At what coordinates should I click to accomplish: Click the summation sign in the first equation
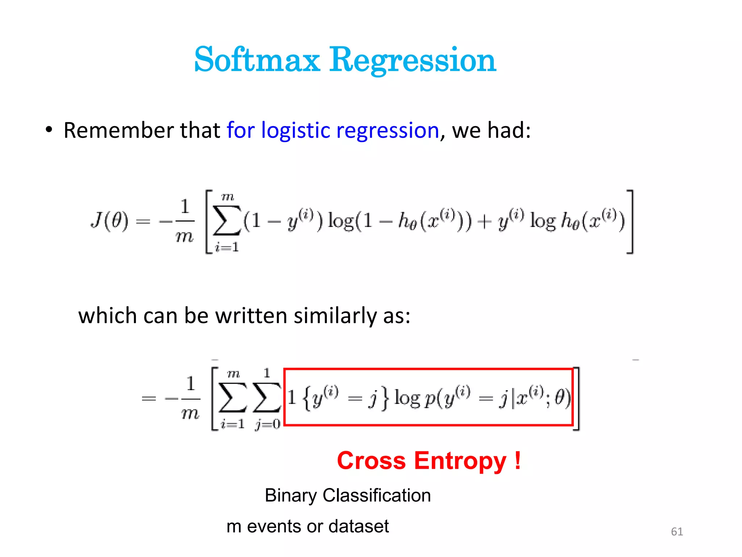(x=227, y=220)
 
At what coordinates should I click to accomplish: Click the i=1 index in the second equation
(x=233, y=424)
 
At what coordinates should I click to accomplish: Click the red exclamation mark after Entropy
(x=518, y=461)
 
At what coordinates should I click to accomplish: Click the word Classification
(x=377, y=496)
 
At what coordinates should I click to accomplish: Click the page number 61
(x=677, y=532)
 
